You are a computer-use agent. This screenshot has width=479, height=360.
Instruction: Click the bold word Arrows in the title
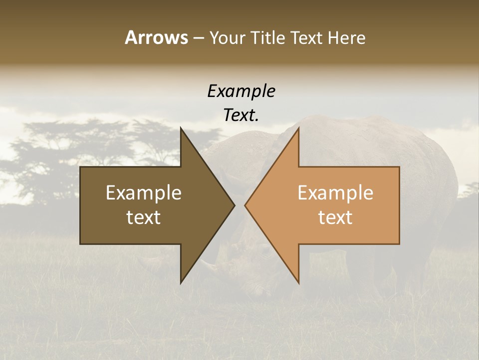pos(156,37)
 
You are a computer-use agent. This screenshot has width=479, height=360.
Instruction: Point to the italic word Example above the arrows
pos(241,91)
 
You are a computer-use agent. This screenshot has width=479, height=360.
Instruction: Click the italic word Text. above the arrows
pos(241,115)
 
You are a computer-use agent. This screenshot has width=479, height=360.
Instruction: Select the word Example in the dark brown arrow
pos(143,192)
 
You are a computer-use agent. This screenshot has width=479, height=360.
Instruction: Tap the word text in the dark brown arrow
pos(143,217)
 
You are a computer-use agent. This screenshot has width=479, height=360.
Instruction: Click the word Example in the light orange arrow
pos(335,192)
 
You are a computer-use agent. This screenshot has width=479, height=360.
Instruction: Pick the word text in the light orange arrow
pos(335,217)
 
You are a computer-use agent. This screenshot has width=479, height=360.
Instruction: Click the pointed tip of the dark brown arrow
pos(235,205)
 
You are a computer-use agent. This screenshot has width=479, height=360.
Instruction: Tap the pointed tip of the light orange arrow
pos(245,205)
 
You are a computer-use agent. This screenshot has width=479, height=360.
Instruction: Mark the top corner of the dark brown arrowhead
pos(181,127)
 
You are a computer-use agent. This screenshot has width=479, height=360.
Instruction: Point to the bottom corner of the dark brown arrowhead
pos(181,283)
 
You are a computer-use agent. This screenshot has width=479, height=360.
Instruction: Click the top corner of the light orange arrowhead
pos(299,127)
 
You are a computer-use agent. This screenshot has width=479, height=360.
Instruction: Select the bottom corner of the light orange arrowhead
pos(299,283)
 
